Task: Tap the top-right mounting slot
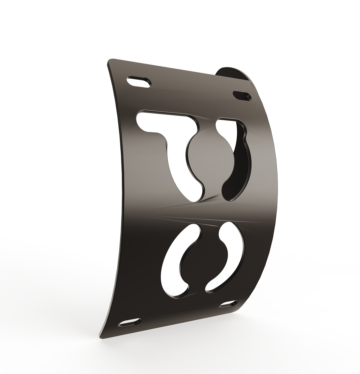point(242,95)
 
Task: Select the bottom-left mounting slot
point(130,322)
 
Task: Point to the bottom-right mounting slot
point(228,304)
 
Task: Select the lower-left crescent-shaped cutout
point(173,263)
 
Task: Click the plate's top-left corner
point(110,61)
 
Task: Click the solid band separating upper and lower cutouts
point(200,213)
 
